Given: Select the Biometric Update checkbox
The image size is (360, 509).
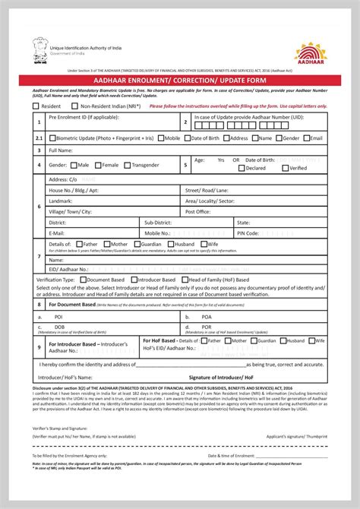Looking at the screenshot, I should [x=52, y=138].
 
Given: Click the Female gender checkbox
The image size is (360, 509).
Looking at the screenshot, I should [x=98, y=165].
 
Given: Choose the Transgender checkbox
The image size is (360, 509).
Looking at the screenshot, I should [x=127, y=165].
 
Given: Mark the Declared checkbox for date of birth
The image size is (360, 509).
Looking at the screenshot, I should [x=242, y=169].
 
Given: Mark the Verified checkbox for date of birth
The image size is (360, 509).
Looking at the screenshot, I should [x=286, y=169].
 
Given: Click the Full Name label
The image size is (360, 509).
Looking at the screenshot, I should [x=61, y=151].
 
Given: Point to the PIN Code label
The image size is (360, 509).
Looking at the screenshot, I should [x=248, y=233].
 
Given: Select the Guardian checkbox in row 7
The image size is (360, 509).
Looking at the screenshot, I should [x=137, y=245].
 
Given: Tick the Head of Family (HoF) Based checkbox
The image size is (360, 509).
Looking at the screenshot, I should [x=184, y=280].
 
